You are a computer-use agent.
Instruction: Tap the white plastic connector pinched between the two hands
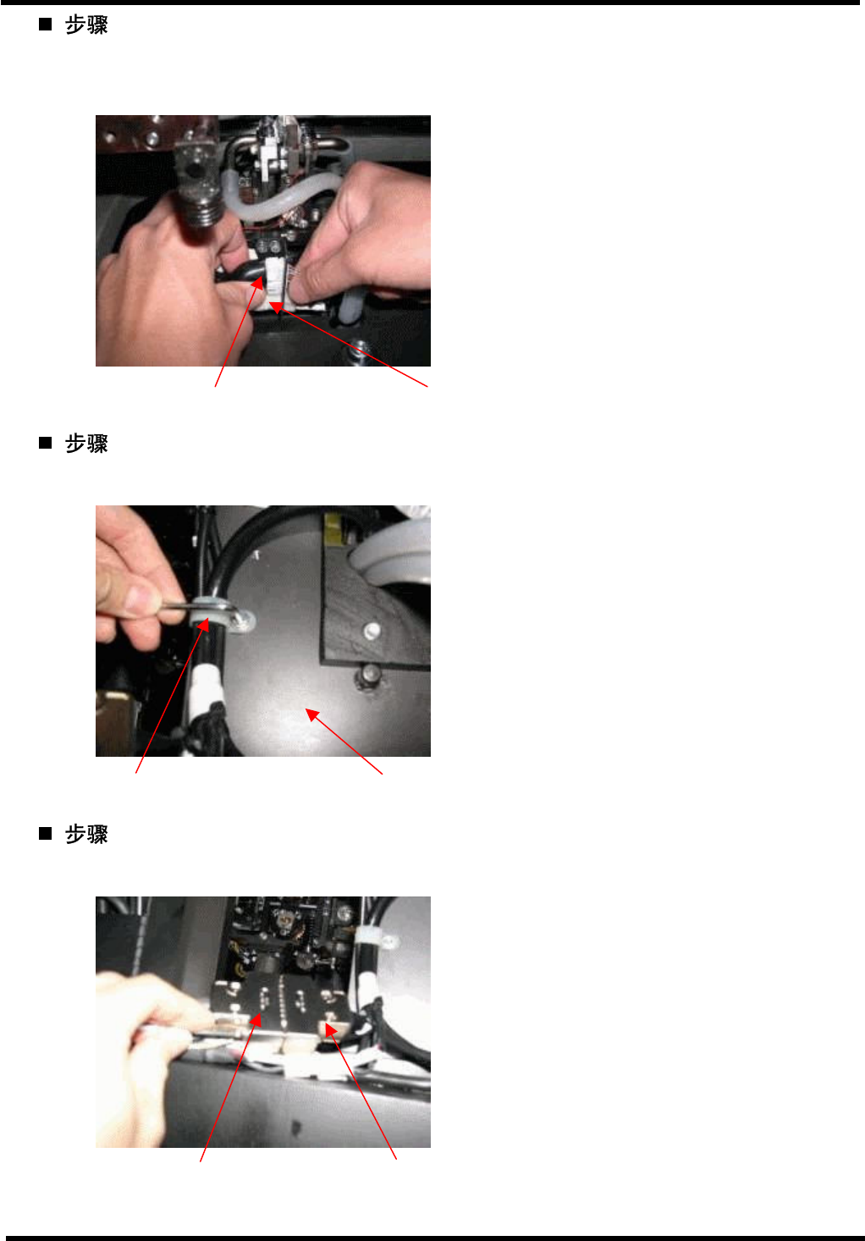pyautogui.click(x=276, y=277)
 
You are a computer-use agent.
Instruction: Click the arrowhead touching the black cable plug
pyautogui.click(x=257, y=284)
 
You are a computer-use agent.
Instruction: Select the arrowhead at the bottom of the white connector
pyautogui.click(x=276, y=307)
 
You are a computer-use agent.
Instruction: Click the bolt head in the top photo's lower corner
pyautogui.click(x=360, y=348)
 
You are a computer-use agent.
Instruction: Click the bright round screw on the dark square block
pyautogui.click(x=372, y=629)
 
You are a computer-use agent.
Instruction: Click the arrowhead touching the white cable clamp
pyautogui.click(x=203, y=625)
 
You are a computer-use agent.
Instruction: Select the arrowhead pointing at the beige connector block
pyautogui.click(x=331, y=1030)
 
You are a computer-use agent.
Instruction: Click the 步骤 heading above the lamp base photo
pyautogui.click(x=86, y=25)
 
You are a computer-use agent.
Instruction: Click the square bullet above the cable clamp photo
pyautogui.click(x=46, y=443)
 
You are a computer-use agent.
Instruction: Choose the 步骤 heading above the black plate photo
pyautogui.click(x=86, y=834)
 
